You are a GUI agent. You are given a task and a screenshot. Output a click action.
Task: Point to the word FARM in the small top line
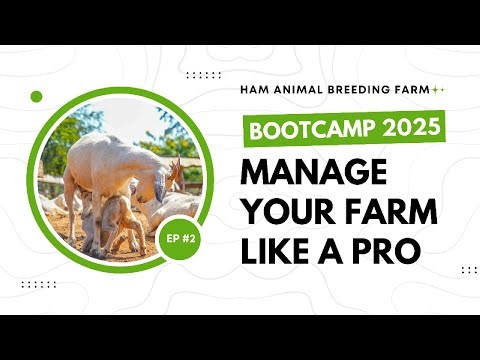[x=411, y=89]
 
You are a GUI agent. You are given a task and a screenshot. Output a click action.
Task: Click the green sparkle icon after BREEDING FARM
[x=438, y=89]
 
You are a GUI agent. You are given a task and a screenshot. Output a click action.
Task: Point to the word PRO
[x=384, y=249]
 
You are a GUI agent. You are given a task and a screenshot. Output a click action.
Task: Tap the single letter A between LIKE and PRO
[x=334, y=249]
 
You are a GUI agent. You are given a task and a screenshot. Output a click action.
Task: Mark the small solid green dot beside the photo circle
[x=37, y=96]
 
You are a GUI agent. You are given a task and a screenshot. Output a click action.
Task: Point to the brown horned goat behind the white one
[x=176, y=175]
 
